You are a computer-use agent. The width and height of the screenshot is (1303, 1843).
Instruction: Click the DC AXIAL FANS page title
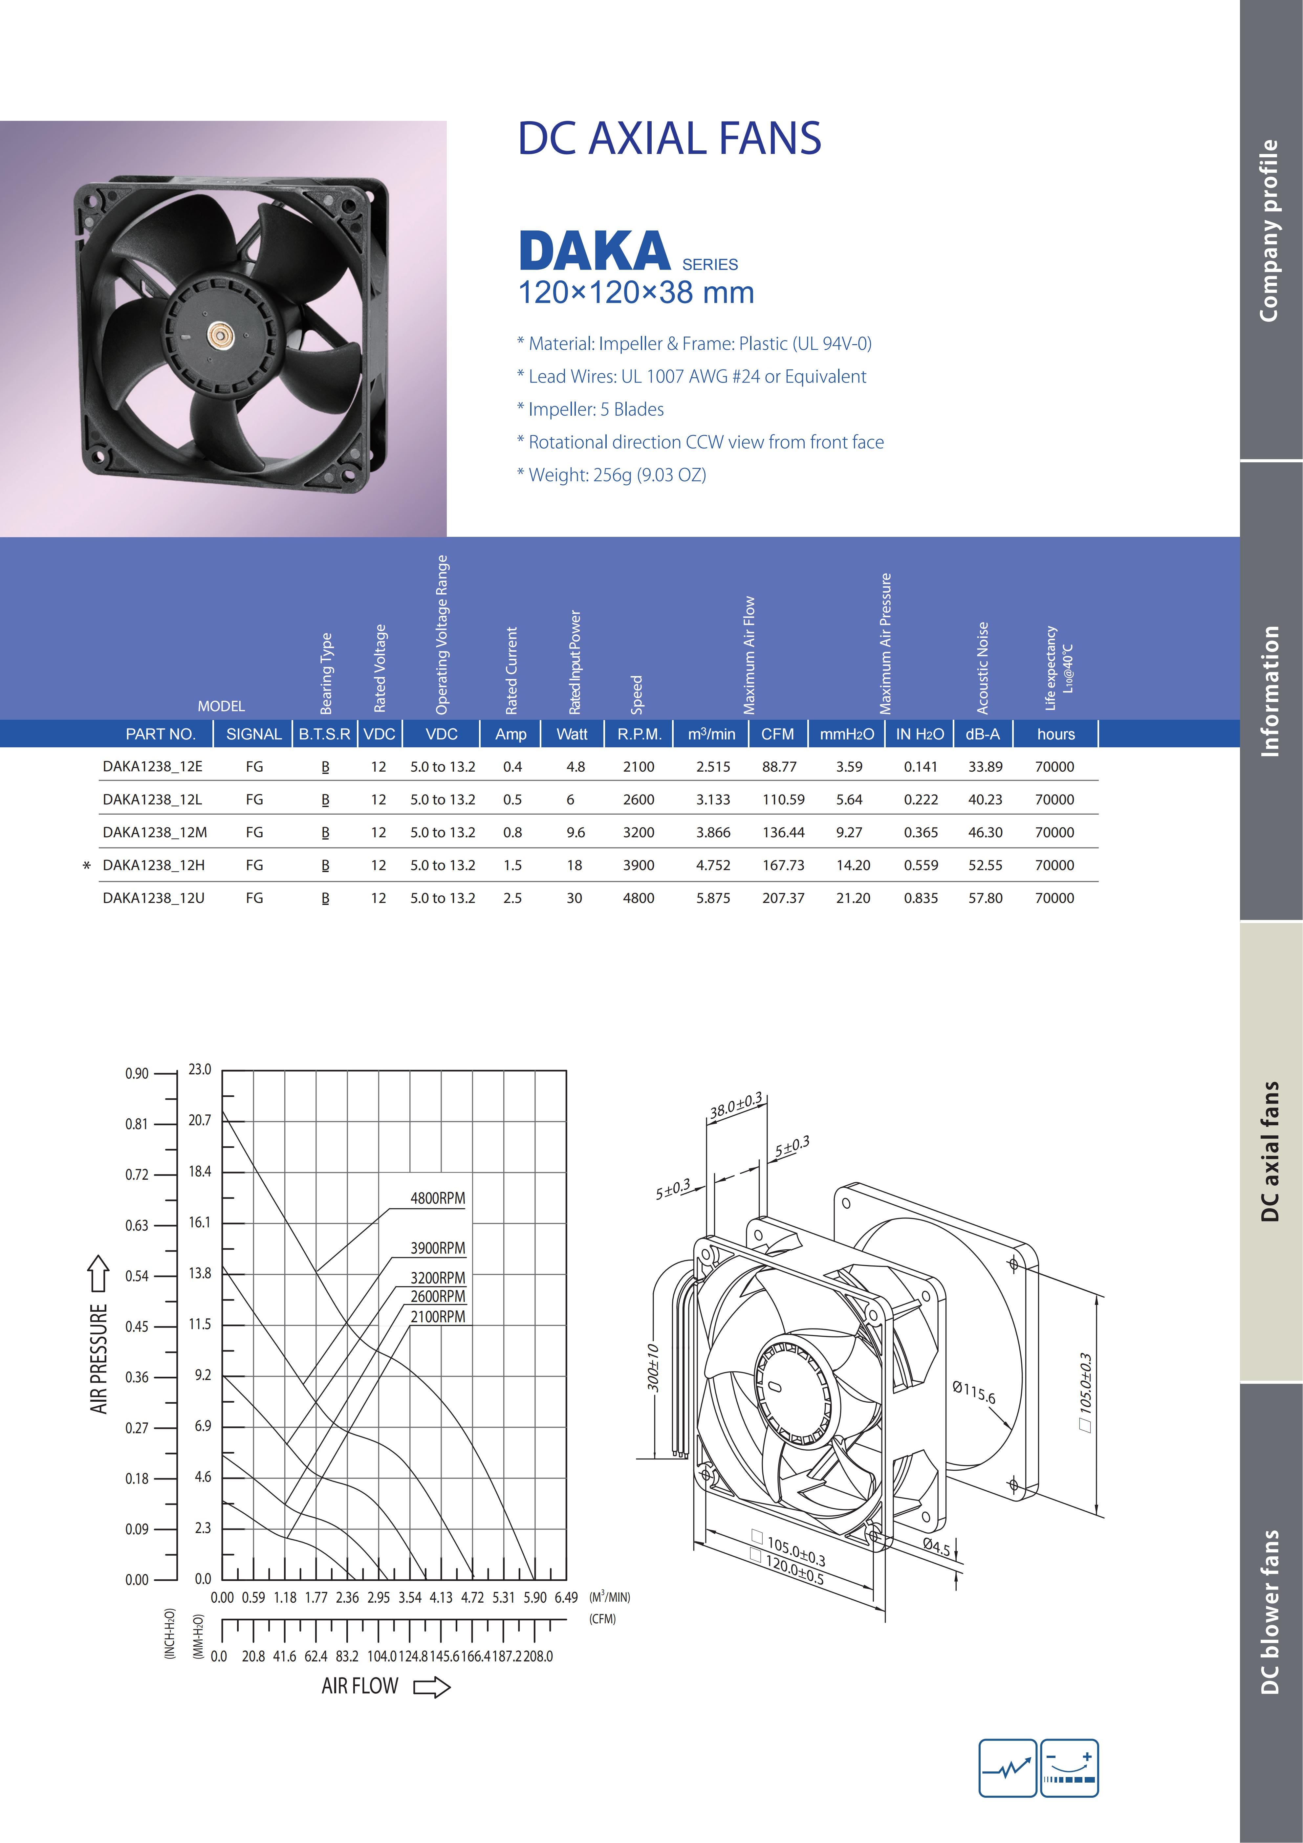coord(669,138)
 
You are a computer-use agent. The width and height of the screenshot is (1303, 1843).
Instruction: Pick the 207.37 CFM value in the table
coord(783,898)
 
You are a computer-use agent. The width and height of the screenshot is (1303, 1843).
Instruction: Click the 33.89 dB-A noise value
coord(985,767)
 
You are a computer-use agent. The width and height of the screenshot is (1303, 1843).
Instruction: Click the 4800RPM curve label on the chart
coord(437,1198)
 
